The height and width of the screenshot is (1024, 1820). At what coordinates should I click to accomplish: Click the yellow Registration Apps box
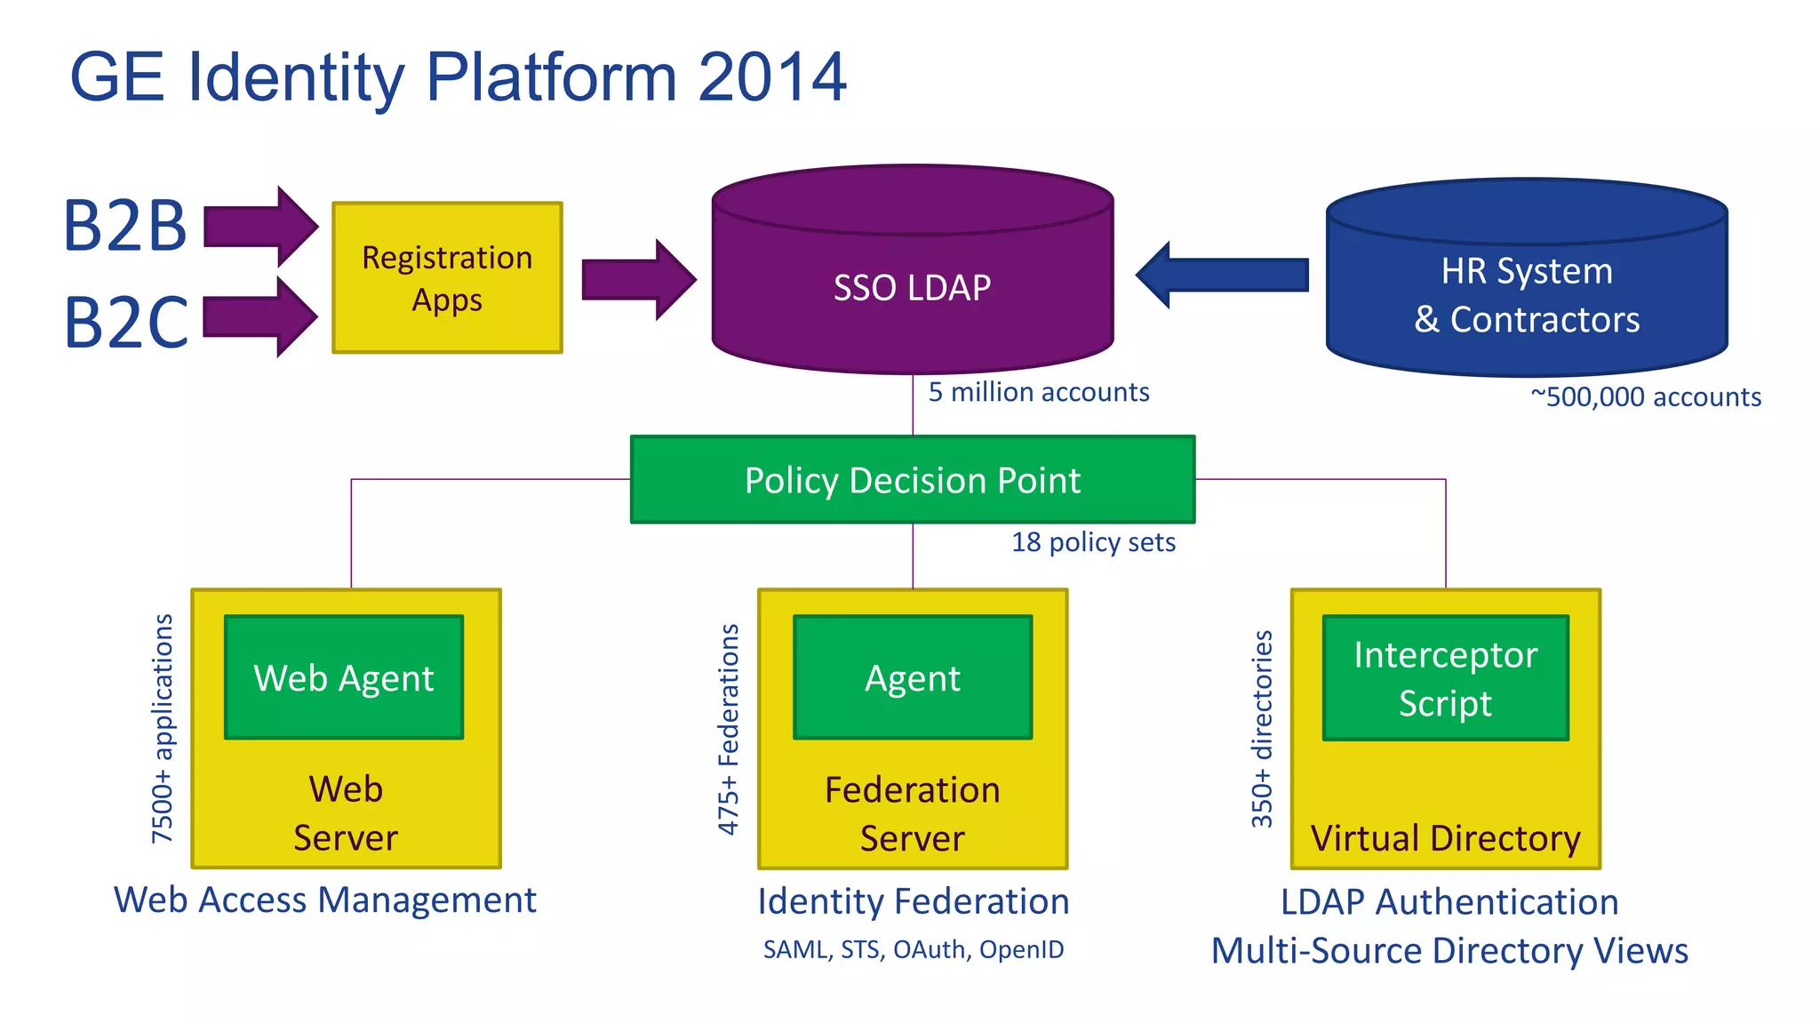447,277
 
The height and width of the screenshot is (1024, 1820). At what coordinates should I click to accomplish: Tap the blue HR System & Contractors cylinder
1527,293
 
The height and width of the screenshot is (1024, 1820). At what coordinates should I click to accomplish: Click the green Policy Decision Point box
913,480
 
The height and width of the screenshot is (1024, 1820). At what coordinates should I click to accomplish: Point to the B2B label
125,226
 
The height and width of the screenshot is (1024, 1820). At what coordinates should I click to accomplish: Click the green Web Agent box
344,677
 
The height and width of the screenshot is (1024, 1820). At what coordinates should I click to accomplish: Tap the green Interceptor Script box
1446,677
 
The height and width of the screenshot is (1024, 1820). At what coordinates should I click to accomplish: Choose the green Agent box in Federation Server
913,677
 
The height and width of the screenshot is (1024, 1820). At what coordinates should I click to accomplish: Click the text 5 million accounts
1039,392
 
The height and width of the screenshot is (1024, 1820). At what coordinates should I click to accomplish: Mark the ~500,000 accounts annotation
1646,396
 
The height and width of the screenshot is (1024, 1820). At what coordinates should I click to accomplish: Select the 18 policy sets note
1093,542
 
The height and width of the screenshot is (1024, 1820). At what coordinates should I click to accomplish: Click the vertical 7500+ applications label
163,729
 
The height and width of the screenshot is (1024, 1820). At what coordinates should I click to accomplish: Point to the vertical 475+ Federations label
729,729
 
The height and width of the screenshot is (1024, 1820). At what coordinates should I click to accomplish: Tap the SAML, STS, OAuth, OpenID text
913,949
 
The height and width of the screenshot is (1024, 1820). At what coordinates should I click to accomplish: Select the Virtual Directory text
1446,838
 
